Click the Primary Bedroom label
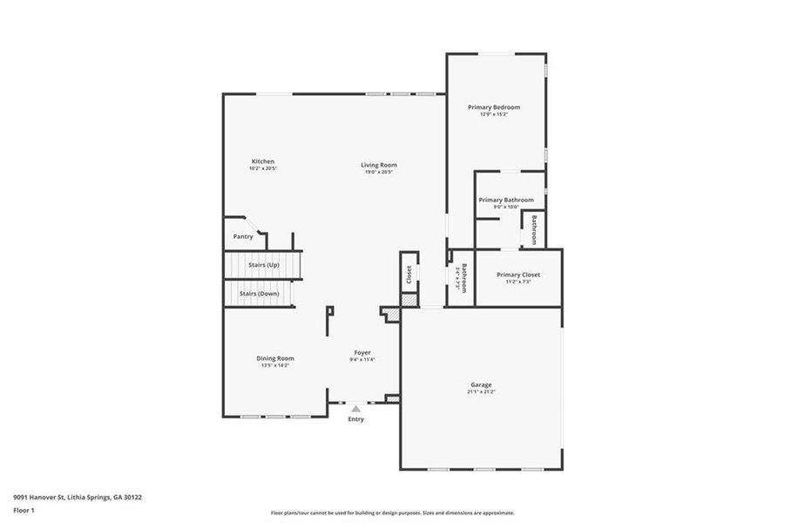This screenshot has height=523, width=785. point(494,107)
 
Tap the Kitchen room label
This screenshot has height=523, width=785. point(263,161)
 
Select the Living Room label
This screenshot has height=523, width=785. point(380,165)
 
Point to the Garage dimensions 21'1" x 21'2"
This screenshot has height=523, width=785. point(480,392)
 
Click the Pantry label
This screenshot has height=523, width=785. point(243,237)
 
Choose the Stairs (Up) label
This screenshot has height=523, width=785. point(263,264)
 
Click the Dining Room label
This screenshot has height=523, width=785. point(274,358)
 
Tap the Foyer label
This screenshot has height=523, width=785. point(362,352)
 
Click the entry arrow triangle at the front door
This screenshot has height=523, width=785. point(355,407)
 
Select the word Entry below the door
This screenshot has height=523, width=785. point(356,419)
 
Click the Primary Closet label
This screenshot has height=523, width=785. point(519,275)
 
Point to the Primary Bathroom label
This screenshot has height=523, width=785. point(506,200)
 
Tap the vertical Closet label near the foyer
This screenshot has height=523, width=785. point(409,275)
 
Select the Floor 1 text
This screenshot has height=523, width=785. point(24,510)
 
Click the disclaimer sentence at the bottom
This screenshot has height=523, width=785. point(392,513)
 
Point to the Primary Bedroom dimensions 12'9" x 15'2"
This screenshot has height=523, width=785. point(494,114)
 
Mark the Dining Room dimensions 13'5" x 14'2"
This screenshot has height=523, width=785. point(274,366)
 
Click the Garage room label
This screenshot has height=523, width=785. point(481,384)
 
